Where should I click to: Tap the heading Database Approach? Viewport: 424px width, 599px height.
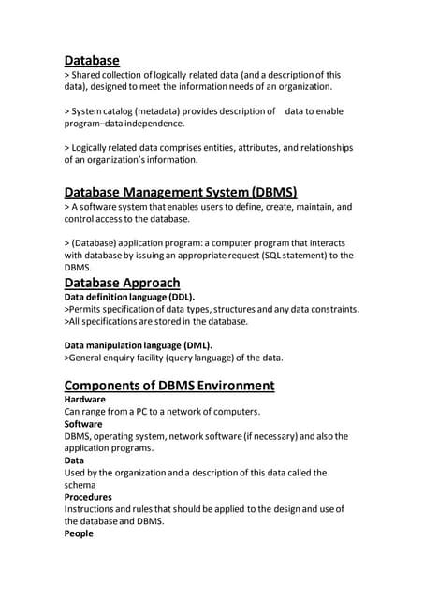tap(122, 283)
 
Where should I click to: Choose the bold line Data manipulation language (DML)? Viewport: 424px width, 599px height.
tap(138, 343)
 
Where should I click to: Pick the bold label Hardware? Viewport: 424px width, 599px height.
tap(84, 399)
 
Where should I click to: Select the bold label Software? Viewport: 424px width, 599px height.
tap(83, 423)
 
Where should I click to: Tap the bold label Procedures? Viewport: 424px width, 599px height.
tap(88, 497)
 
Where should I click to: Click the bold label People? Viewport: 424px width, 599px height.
tap(79, 533)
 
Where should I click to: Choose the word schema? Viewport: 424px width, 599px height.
tap(82, 485)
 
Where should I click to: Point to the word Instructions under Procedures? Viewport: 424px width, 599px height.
tap(94, 509)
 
